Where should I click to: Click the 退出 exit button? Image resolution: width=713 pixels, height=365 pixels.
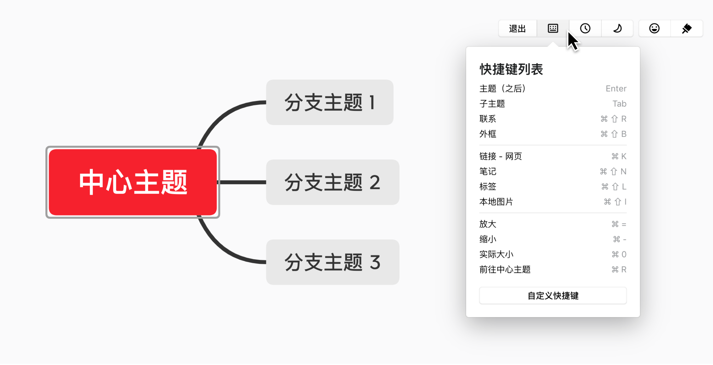(517, 28)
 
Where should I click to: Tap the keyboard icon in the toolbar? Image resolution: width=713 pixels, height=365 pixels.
(553, 28)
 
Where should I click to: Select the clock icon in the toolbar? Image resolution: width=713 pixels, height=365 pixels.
(585, 28)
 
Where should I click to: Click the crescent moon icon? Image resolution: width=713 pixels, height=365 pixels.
(617, 28)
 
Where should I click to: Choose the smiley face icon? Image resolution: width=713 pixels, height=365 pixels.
(654, 28)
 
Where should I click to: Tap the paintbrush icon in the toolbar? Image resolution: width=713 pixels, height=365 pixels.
(687, 28)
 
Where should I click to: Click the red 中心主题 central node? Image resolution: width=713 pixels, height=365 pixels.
(133, 182)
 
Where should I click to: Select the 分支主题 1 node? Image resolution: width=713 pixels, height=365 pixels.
(330, 102)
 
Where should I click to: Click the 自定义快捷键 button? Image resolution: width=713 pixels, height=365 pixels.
(553, 295)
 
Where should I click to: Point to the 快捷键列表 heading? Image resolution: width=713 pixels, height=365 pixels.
(511, 69)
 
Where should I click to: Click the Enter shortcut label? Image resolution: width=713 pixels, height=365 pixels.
(616, 88)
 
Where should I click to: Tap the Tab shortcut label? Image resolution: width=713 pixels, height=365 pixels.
(619, 104)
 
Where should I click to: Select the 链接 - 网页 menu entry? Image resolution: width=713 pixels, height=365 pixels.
(500, 156)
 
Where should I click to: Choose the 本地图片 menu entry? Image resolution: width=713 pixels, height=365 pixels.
(496, 202)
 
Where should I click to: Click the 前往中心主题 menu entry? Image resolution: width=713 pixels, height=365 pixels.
(505, 269)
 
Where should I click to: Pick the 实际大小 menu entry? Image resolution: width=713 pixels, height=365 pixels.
(496, 254)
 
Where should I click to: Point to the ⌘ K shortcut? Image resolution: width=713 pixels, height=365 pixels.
(619, 156)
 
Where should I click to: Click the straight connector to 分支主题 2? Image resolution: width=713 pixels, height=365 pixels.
(242, 182)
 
